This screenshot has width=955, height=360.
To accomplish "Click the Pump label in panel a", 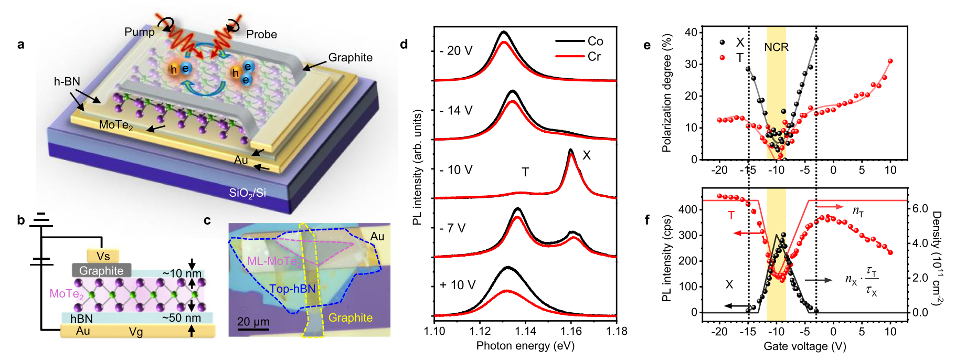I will [139, 32].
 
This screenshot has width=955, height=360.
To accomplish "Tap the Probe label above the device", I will [261, 35].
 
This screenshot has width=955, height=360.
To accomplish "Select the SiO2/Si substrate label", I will [247, 193].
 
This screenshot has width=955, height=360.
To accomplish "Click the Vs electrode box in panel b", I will [103, 256].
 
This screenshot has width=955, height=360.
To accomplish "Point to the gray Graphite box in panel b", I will [101, 271].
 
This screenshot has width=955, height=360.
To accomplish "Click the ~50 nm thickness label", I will [182, 318].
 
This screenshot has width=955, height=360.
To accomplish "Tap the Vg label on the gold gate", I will [136, 332].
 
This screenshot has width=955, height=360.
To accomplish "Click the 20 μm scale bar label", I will [253, 322].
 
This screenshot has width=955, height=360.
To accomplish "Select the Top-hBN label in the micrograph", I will [292, 289].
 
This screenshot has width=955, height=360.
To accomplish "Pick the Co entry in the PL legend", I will [595, 41].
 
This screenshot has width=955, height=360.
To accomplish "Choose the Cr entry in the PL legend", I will [594, 57].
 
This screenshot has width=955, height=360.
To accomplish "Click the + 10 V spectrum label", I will [458, 285].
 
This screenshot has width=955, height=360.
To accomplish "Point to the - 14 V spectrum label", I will [456, 111].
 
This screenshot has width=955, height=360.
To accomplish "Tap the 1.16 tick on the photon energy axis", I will [571, 331].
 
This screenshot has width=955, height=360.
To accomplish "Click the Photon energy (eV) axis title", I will [525, 346].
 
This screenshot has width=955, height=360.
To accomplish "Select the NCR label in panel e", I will [776, 47].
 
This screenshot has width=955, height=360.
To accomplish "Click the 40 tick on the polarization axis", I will [691, 33].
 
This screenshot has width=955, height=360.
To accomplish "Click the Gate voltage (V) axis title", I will [804, 346].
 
